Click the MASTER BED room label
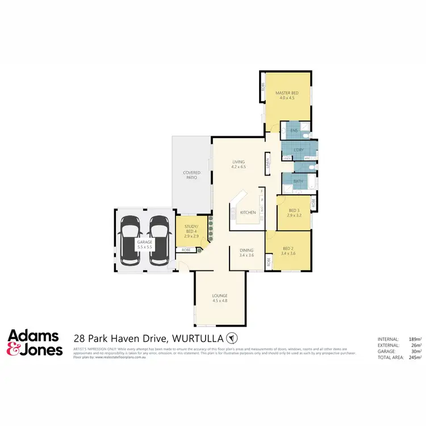[x=287, y=95]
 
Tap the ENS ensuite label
[x=294, y=131]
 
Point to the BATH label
[x=298, y=182]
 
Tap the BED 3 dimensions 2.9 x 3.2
[x=293, y=215]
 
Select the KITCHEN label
[x=248, y=212]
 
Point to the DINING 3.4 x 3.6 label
[x=246, y=254]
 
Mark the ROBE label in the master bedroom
[x=263, y=88]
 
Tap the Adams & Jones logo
[x=35, y=343]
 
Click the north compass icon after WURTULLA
[x=232, y=338]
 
